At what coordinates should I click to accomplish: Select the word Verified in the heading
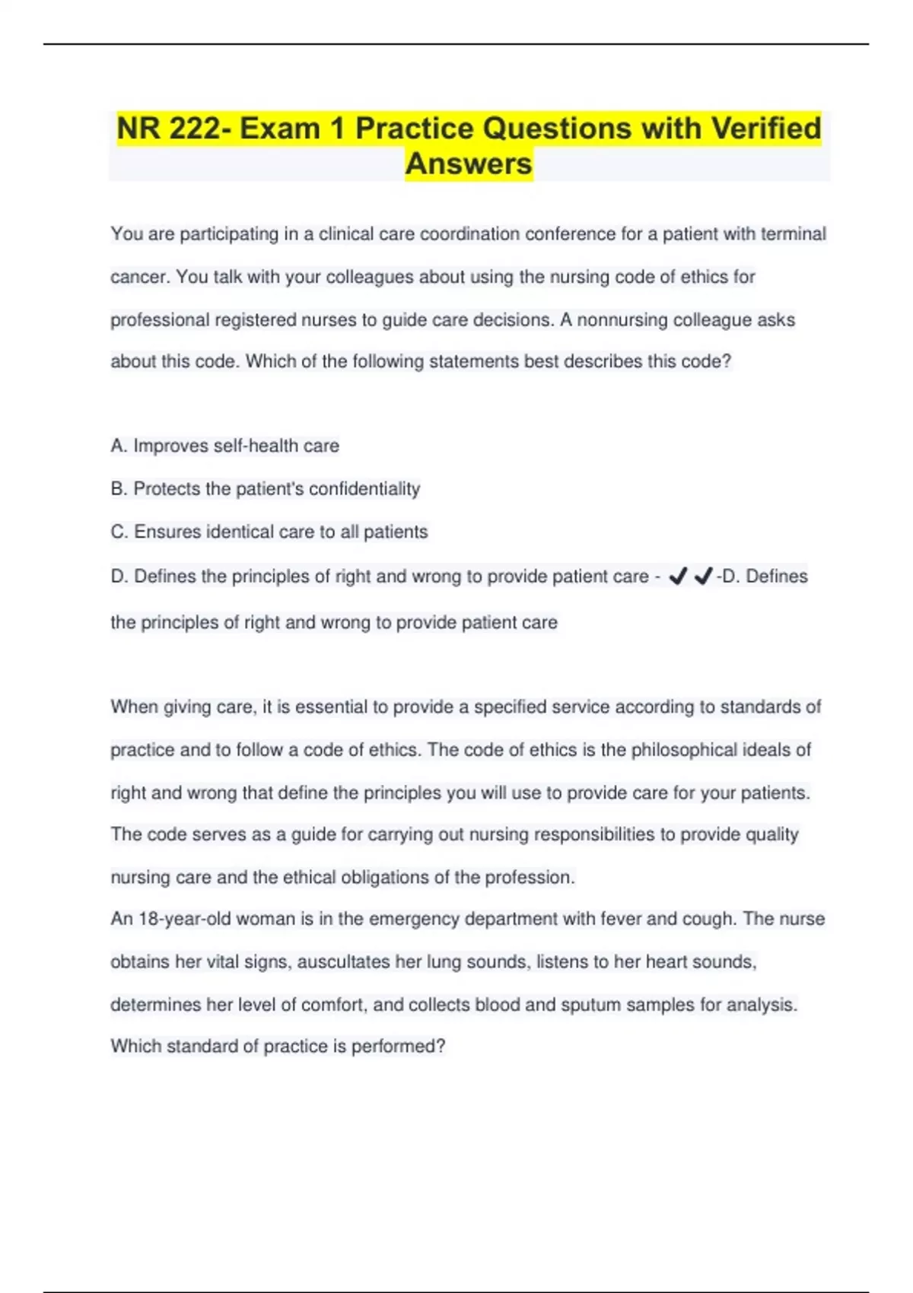(x=765, y=129)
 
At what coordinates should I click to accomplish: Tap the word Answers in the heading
(x=468, y=164)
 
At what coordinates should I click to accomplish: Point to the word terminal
(x=793, y=234)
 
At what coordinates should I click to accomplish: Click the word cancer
(x=138, y=277)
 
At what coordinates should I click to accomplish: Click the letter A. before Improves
(x=118, y=446)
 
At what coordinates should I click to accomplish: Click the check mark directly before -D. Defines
(x=703, y=577)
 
